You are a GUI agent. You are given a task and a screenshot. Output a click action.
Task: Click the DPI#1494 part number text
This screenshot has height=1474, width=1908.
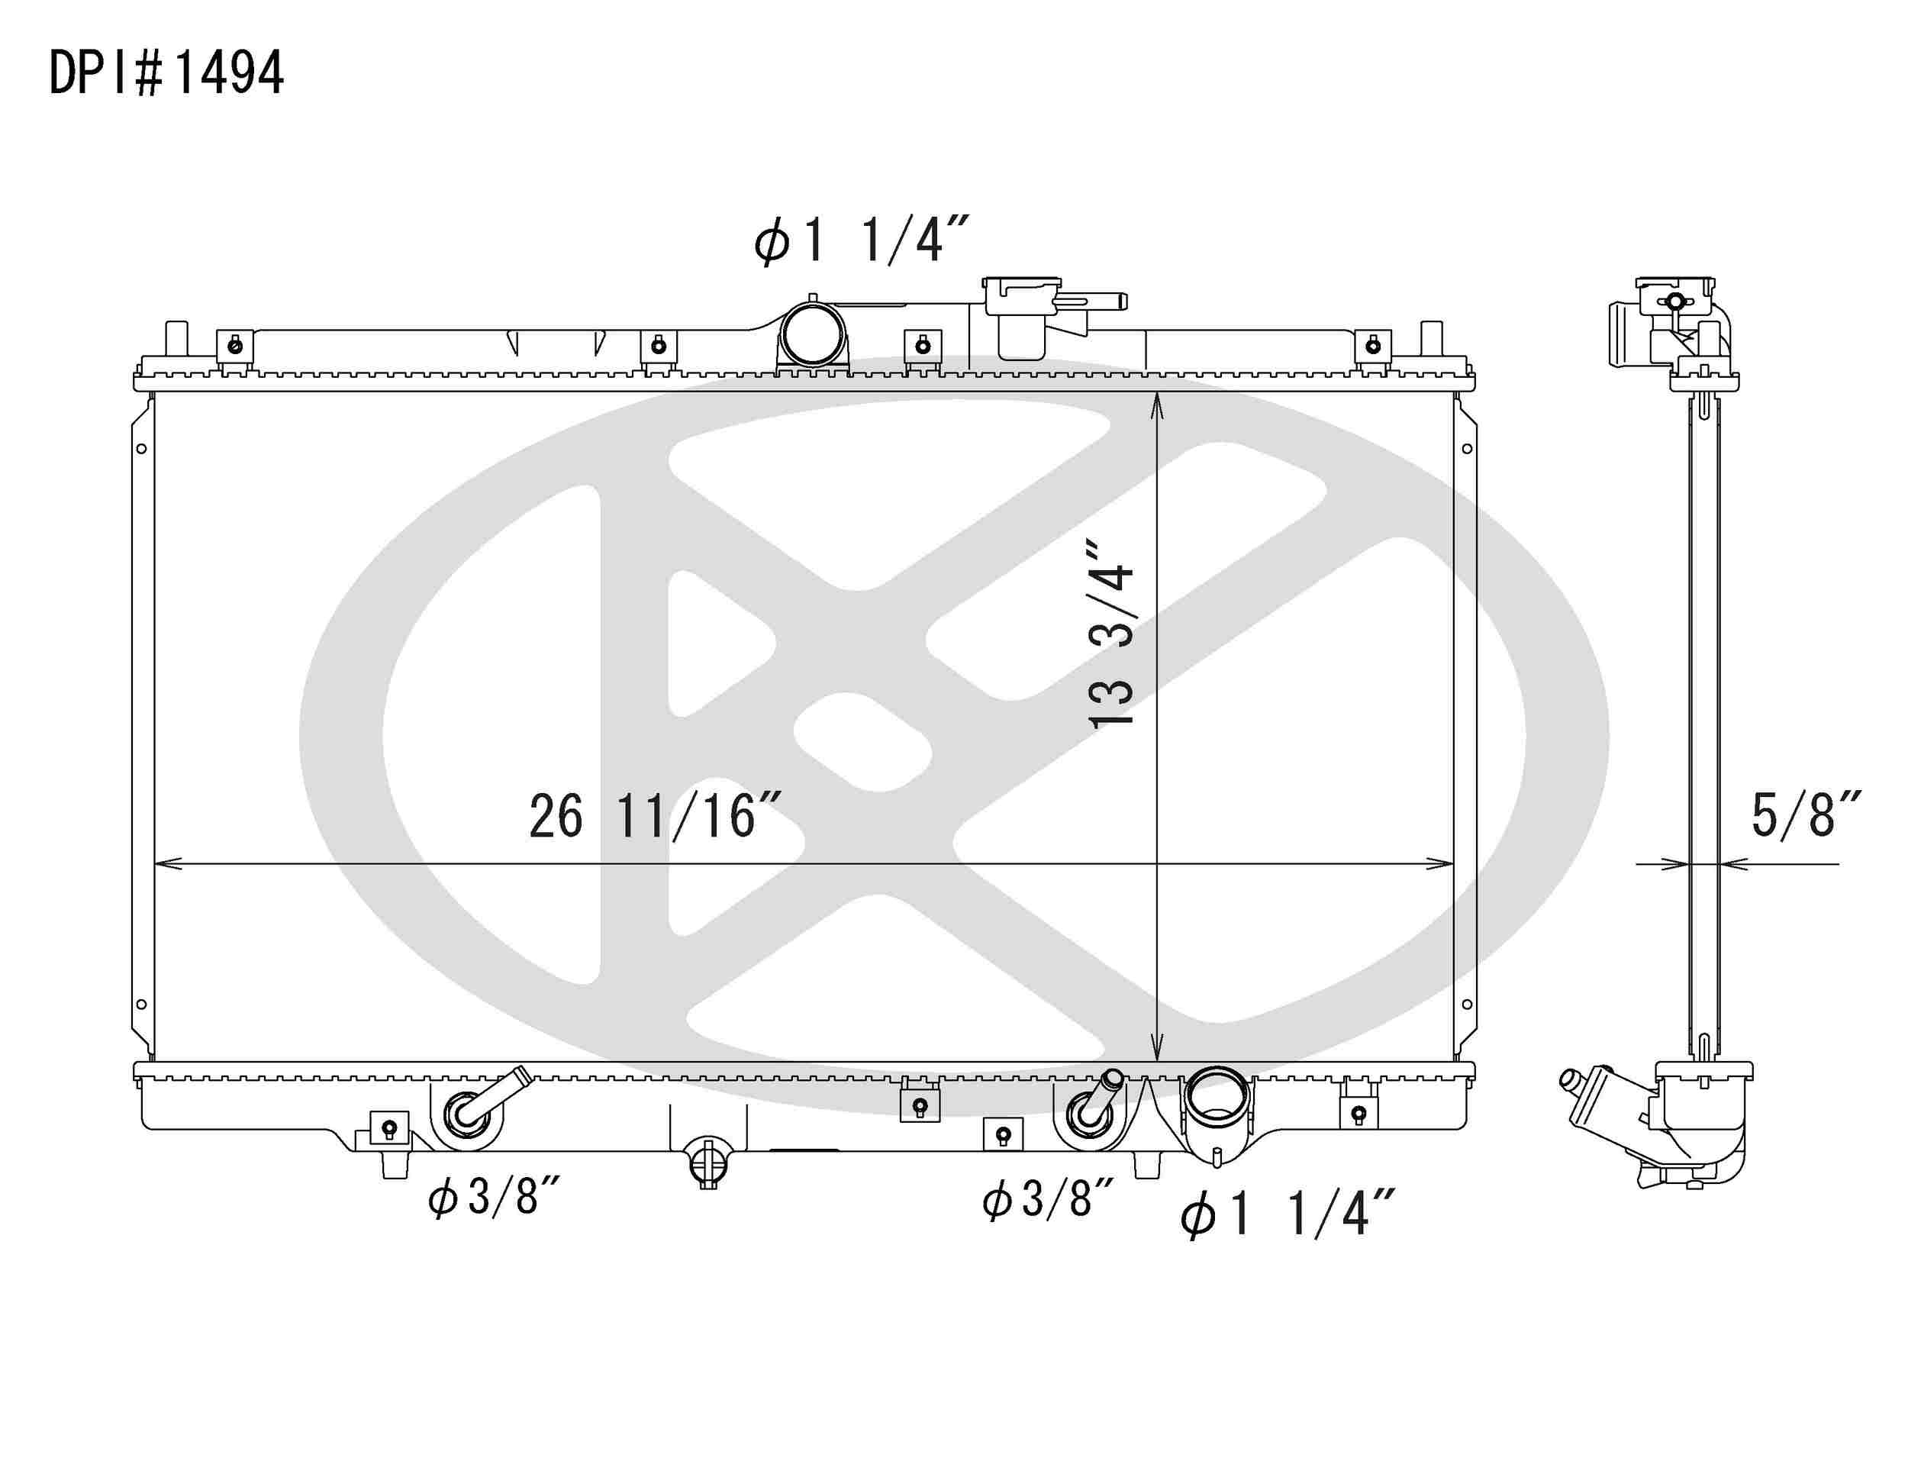click(166, 73)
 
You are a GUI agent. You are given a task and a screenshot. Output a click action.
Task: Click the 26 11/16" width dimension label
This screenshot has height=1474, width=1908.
click(654, 817)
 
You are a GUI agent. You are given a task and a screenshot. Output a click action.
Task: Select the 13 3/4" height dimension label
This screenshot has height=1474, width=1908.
click(1111, 634)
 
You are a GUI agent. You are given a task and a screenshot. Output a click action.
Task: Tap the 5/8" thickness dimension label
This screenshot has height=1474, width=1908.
click(1805, 815)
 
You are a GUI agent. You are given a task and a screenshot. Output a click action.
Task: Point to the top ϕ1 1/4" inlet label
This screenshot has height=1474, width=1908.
click(862, 240)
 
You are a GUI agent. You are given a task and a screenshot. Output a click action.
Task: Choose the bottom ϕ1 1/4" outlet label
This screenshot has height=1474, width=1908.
click(1287, 1214)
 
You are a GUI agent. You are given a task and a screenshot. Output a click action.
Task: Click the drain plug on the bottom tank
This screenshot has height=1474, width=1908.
click(708, 1162)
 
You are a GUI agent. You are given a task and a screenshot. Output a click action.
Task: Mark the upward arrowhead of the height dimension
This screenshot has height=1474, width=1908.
click(1157, 404)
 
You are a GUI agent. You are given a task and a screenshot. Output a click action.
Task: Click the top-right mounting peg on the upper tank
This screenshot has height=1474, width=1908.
click(1431, 338)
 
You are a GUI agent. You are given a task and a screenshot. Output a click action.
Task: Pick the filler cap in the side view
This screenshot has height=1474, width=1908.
click(1674, 297)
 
